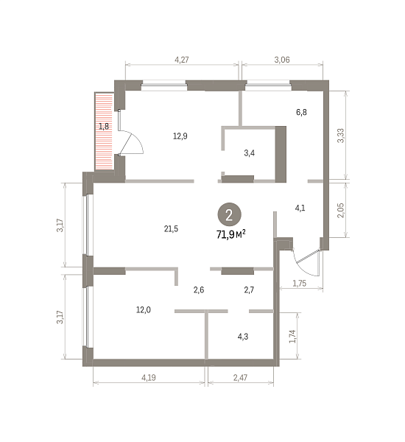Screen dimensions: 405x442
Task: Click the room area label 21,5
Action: coord(171,228)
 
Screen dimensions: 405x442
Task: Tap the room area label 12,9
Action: coord(180,136)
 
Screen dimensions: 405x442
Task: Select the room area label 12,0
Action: coord(144,310)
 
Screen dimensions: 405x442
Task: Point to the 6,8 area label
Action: coord(301,112)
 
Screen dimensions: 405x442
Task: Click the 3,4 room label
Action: coord(250,153)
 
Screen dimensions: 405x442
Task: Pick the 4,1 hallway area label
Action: coord(300,208)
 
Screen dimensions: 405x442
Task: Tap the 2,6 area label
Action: coord(199,290)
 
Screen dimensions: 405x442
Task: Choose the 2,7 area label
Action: coord(249,290)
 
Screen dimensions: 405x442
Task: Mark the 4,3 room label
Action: coord(243,337)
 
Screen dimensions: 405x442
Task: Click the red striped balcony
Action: coord(104,131)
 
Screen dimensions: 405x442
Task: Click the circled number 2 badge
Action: coord(229,214)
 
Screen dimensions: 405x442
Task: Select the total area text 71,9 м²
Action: coord(230,234)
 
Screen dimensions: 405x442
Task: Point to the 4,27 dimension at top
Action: coord(182,60)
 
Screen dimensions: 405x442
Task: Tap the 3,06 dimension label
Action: coord(282,60)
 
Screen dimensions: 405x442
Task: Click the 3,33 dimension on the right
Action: coord(341,136)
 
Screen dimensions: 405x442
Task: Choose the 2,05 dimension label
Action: coord(341,210)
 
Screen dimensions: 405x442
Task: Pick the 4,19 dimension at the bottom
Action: coord(149,377)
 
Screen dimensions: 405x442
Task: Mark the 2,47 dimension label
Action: coord(240,377)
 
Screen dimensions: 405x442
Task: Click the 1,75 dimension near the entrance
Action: coord(299,283)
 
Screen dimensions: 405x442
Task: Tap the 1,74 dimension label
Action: coord(293,337)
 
